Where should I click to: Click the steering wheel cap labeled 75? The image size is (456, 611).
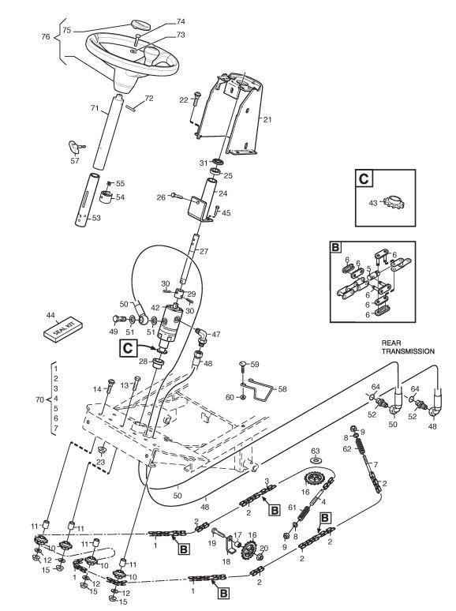[140, 24]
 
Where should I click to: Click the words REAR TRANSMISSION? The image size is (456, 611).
[408, 347]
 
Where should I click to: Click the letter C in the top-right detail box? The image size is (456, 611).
[364, 179]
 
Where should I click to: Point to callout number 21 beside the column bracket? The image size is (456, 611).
[267, 120]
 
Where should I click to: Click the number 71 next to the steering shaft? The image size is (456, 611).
[95, 107]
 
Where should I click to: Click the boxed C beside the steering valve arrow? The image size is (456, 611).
[128, 347]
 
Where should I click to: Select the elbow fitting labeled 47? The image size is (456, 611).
[201, 336]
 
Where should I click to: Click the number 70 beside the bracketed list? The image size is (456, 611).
[40, 399]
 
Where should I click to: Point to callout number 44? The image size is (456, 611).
[50, 315]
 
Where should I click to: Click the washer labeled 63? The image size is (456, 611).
[316, 460]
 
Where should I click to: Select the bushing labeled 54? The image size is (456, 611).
[103, 197]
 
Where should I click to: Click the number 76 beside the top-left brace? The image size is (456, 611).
[46, 36]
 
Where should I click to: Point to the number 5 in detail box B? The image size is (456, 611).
[368, 268]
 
